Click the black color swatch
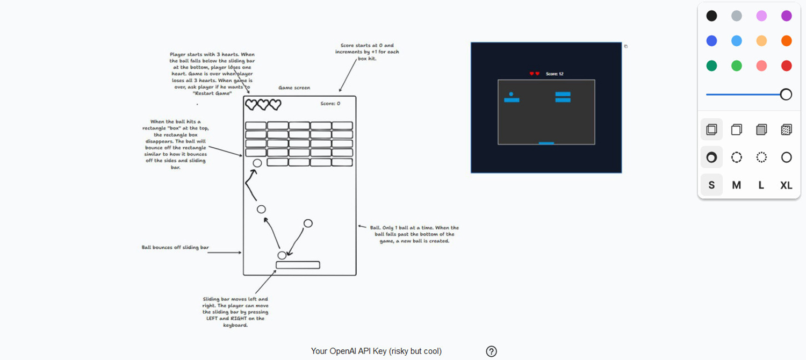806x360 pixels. (x=711, y=16)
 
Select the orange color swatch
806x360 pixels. (x=786, y=41)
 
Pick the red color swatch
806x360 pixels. (x=786, y=66)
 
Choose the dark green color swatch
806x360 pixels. (x=711, y=66)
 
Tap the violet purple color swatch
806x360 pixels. (x=786, y=16)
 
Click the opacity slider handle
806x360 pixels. (x=786, y=95)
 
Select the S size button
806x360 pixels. (x=711, y=185)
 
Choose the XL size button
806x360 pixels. (x=786, y=185)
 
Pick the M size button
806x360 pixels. (x=736, y=185)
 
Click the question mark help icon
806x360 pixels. (x=491, y=351)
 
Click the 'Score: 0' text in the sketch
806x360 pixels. (x=330, y=104)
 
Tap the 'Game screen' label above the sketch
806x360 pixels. (x=294, y=88)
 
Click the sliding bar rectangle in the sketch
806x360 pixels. (x=298, y=265)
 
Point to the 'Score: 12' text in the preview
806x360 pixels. (x=555, y=74)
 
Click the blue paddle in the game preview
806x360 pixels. (x=546, y=143)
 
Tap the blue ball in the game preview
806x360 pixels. (x=511, y=94)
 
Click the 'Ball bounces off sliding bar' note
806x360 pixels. (x=175, y=248)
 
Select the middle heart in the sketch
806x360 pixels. (x=263, y=104)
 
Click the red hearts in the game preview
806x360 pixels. (x=534, y=74)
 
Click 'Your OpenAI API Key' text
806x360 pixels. (x=376, y=351)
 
